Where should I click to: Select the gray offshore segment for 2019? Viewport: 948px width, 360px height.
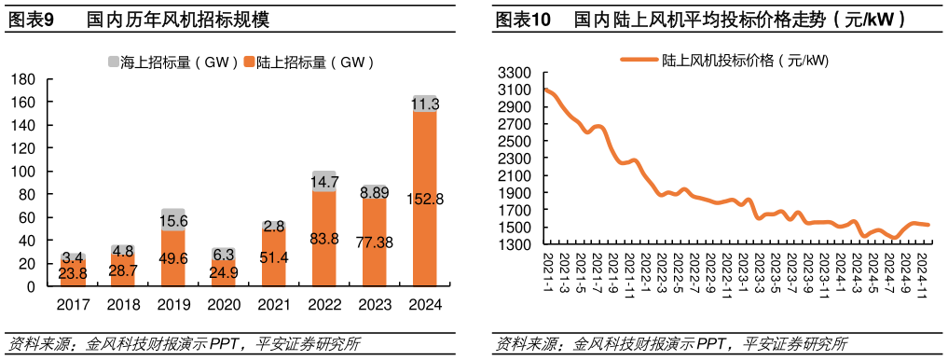coord(173,219)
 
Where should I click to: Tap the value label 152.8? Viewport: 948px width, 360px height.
coord(425,199)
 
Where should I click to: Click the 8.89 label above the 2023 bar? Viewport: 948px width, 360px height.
coord(374,192)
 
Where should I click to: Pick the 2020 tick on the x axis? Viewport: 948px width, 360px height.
coord(223,304)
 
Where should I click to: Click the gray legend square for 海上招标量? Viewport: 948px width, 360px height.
coord(114,62)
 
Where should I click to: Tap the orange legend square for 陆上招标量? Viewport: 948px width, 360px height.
coord(249,62)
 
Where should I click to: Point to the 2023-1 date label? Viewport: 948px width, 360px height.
coord(743,270)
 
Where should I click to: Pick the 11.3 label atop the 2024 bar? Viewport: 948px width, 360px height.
coord(425,104)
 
